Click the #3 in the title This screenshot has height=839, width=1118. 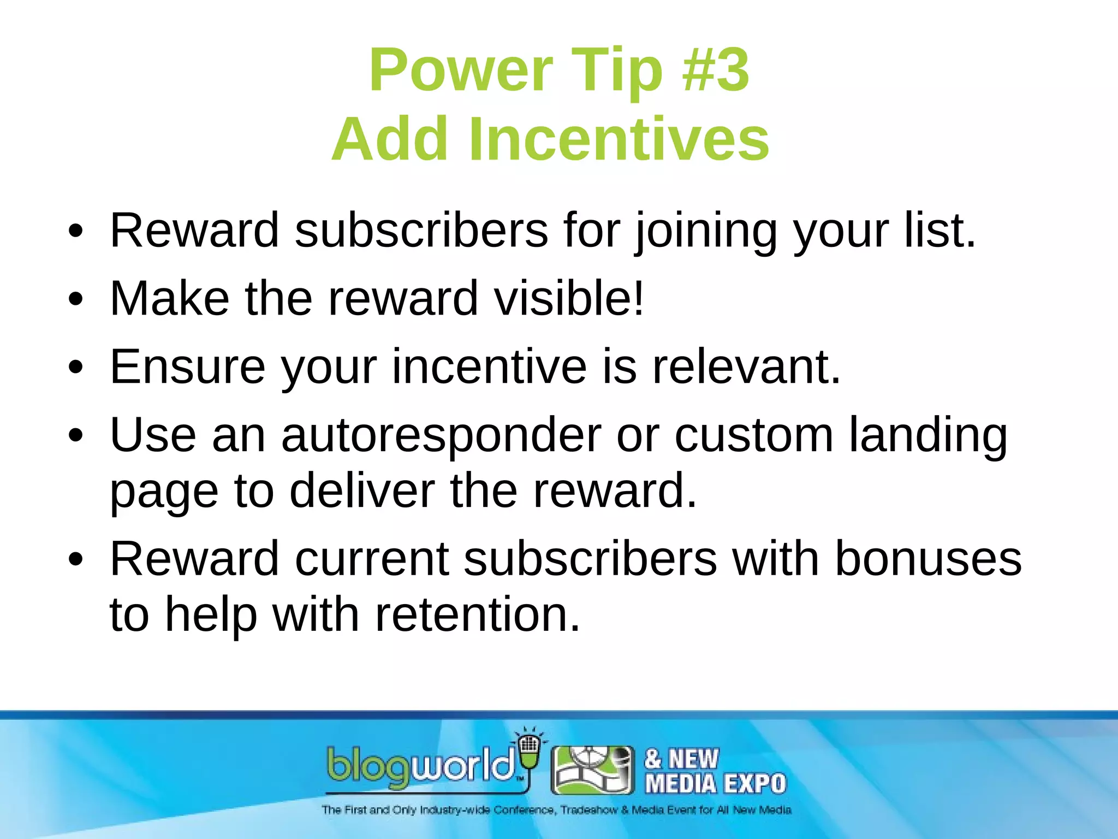(716, 70)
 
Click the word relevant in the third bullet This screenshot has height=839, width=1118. (746, 367)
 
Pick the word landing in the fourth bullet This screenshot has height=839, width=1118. (928, 435)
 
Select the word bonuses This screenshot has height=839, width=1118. (928, 559)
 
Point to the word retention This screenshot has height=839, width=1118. (478, 615)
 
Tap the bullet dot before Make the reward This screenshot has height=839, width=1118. (76, 299)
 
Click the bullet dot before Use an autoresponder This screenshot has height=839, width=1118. (76, 436)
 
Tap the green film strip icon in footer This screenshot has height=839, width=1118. (593, 770)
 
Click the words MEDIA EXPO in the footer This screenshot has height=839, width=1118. (715, 784)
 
